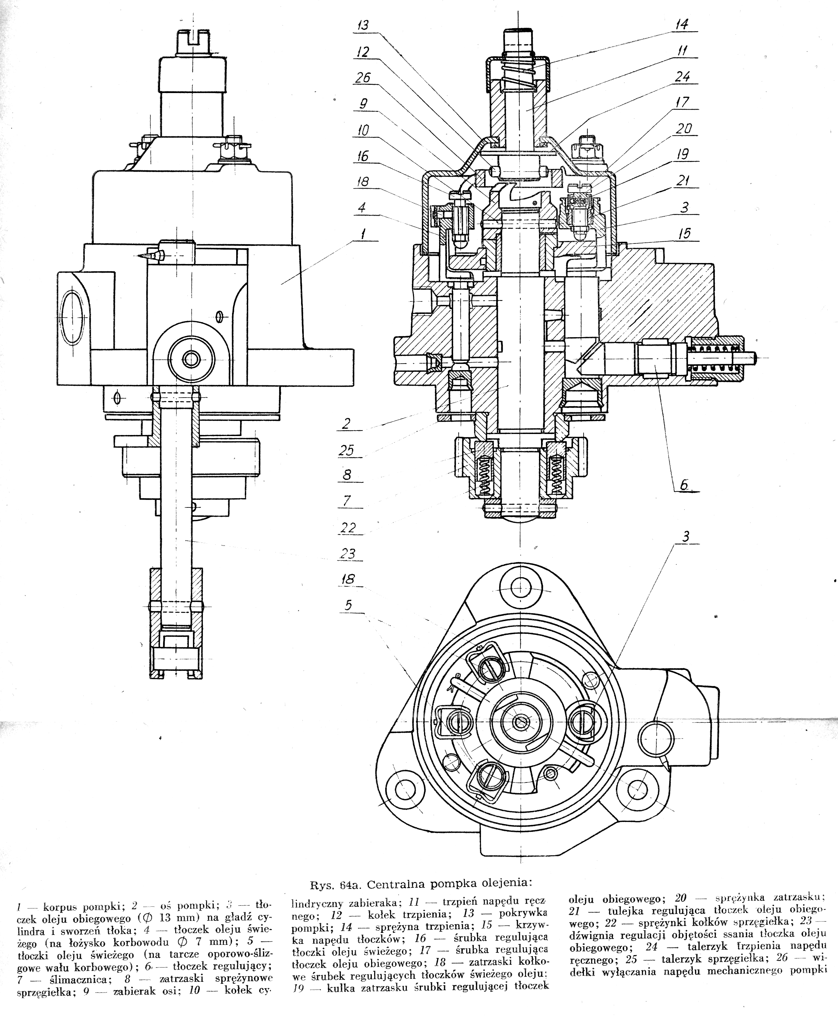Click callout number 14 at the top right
tap(681, 24)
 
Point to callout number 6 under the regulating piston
tap(684, 485)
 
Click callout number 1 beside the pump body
tap(363, 235)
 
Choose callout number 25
tap(346, 450)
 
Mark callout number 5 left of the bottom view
tap(348, 605)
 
